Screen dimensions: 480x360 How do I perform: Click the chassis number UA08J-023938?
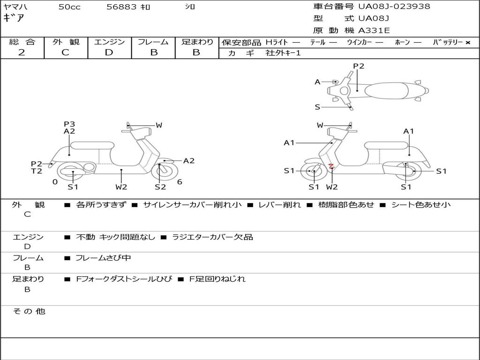(x=394, y=7)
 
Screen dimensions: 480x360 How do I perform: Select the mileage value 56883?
(x=121, y=7)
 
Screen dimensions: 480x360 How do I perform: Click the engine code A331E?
(x=374, y=30)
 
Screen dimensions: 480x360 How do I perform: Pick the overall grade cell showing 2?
(x=22, y=52)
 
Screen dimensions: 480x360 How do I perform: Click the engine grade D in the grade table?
(x=109, y=52)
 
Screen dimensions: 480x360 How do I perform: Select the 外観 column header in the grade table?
(x=66, y=42)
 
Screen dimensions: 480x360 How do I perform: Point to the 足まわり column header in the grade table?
(x=197, y=42)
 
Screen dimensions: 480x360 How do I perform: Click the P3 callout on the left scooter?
(x=69, y=124)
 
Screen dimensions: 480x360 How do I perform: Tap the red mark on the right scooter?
(x=331, y=166)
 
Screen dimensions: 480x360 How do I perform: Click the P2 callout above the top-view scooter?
(x=359, y=66)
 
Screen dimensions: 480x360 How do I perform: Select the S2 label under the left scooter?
(x=160, y=187)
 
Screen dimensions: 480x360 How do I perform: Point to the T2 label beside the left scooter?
(x=37, y=171)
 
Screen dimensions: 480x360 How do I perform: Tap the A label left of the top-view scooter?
(x=317, y=82)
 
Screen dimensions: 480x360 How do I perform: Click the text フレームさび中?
(x=103, y=258)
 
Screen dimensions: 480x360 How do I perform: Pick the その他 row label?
(x=29, y=311)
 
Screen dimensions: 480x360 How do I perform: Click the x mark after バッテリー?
(x=468, y=43)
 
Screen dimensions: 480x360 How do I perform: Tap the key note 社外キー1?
(x=283, y=53)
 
